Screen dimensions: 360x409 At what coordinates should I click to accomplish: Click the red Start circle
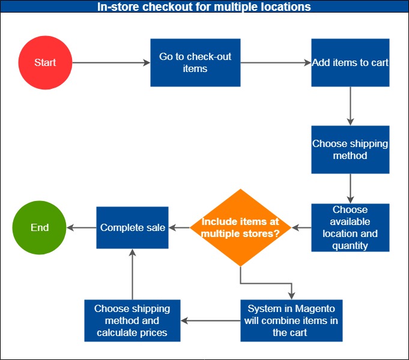pos(45,63)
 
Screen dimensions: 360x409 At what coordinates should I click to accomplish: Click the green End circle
pos(39,227)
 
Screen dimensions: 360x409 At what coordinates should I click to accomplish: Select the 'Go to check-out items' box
pos(195,62)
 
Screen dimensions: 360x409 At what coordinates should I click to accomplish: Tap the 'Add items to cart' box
pos(350,62)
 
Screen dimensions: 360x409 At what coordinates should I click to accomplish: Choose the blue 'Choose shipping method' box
pos(350,149)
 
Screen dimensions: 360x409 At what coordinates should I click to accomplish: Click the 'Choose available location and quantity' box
pos(350,227)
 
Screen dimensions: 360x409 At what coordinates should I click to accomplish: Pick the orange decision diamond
pos(240,227)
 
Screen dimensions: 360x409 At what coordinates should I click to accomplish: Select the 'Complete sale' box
pos(133,227)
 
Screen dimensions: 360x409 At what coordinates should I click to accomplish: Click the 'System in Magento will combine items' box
pos(291,320)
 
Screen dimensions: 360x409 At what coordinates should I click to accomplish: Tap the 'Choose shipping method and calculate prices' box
pos(132,320)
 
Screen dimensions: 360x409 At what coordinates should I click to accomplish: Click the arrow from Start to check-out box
pos(111,62)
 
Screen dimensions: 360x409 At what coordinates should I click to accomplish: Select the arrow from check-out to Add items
pos(276,62)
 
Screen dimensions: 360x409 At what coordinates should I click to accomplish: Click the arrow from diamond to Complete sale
pos(179,227)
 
